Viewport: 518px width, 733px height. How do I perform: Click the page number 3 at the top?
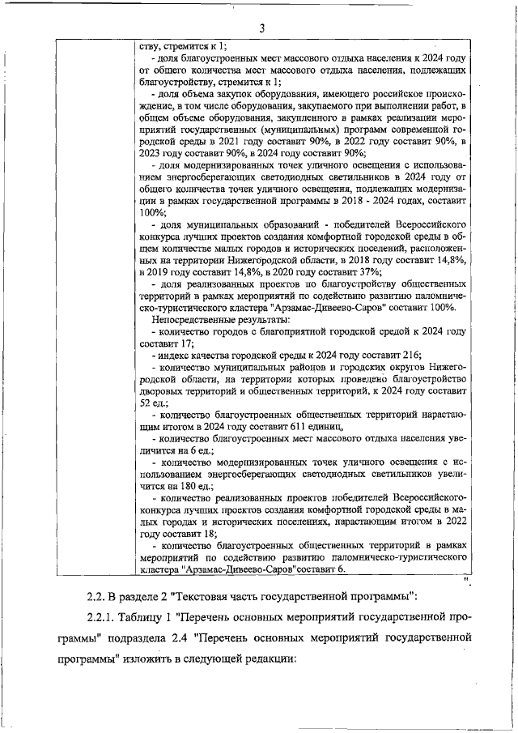tap(261, 29)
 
